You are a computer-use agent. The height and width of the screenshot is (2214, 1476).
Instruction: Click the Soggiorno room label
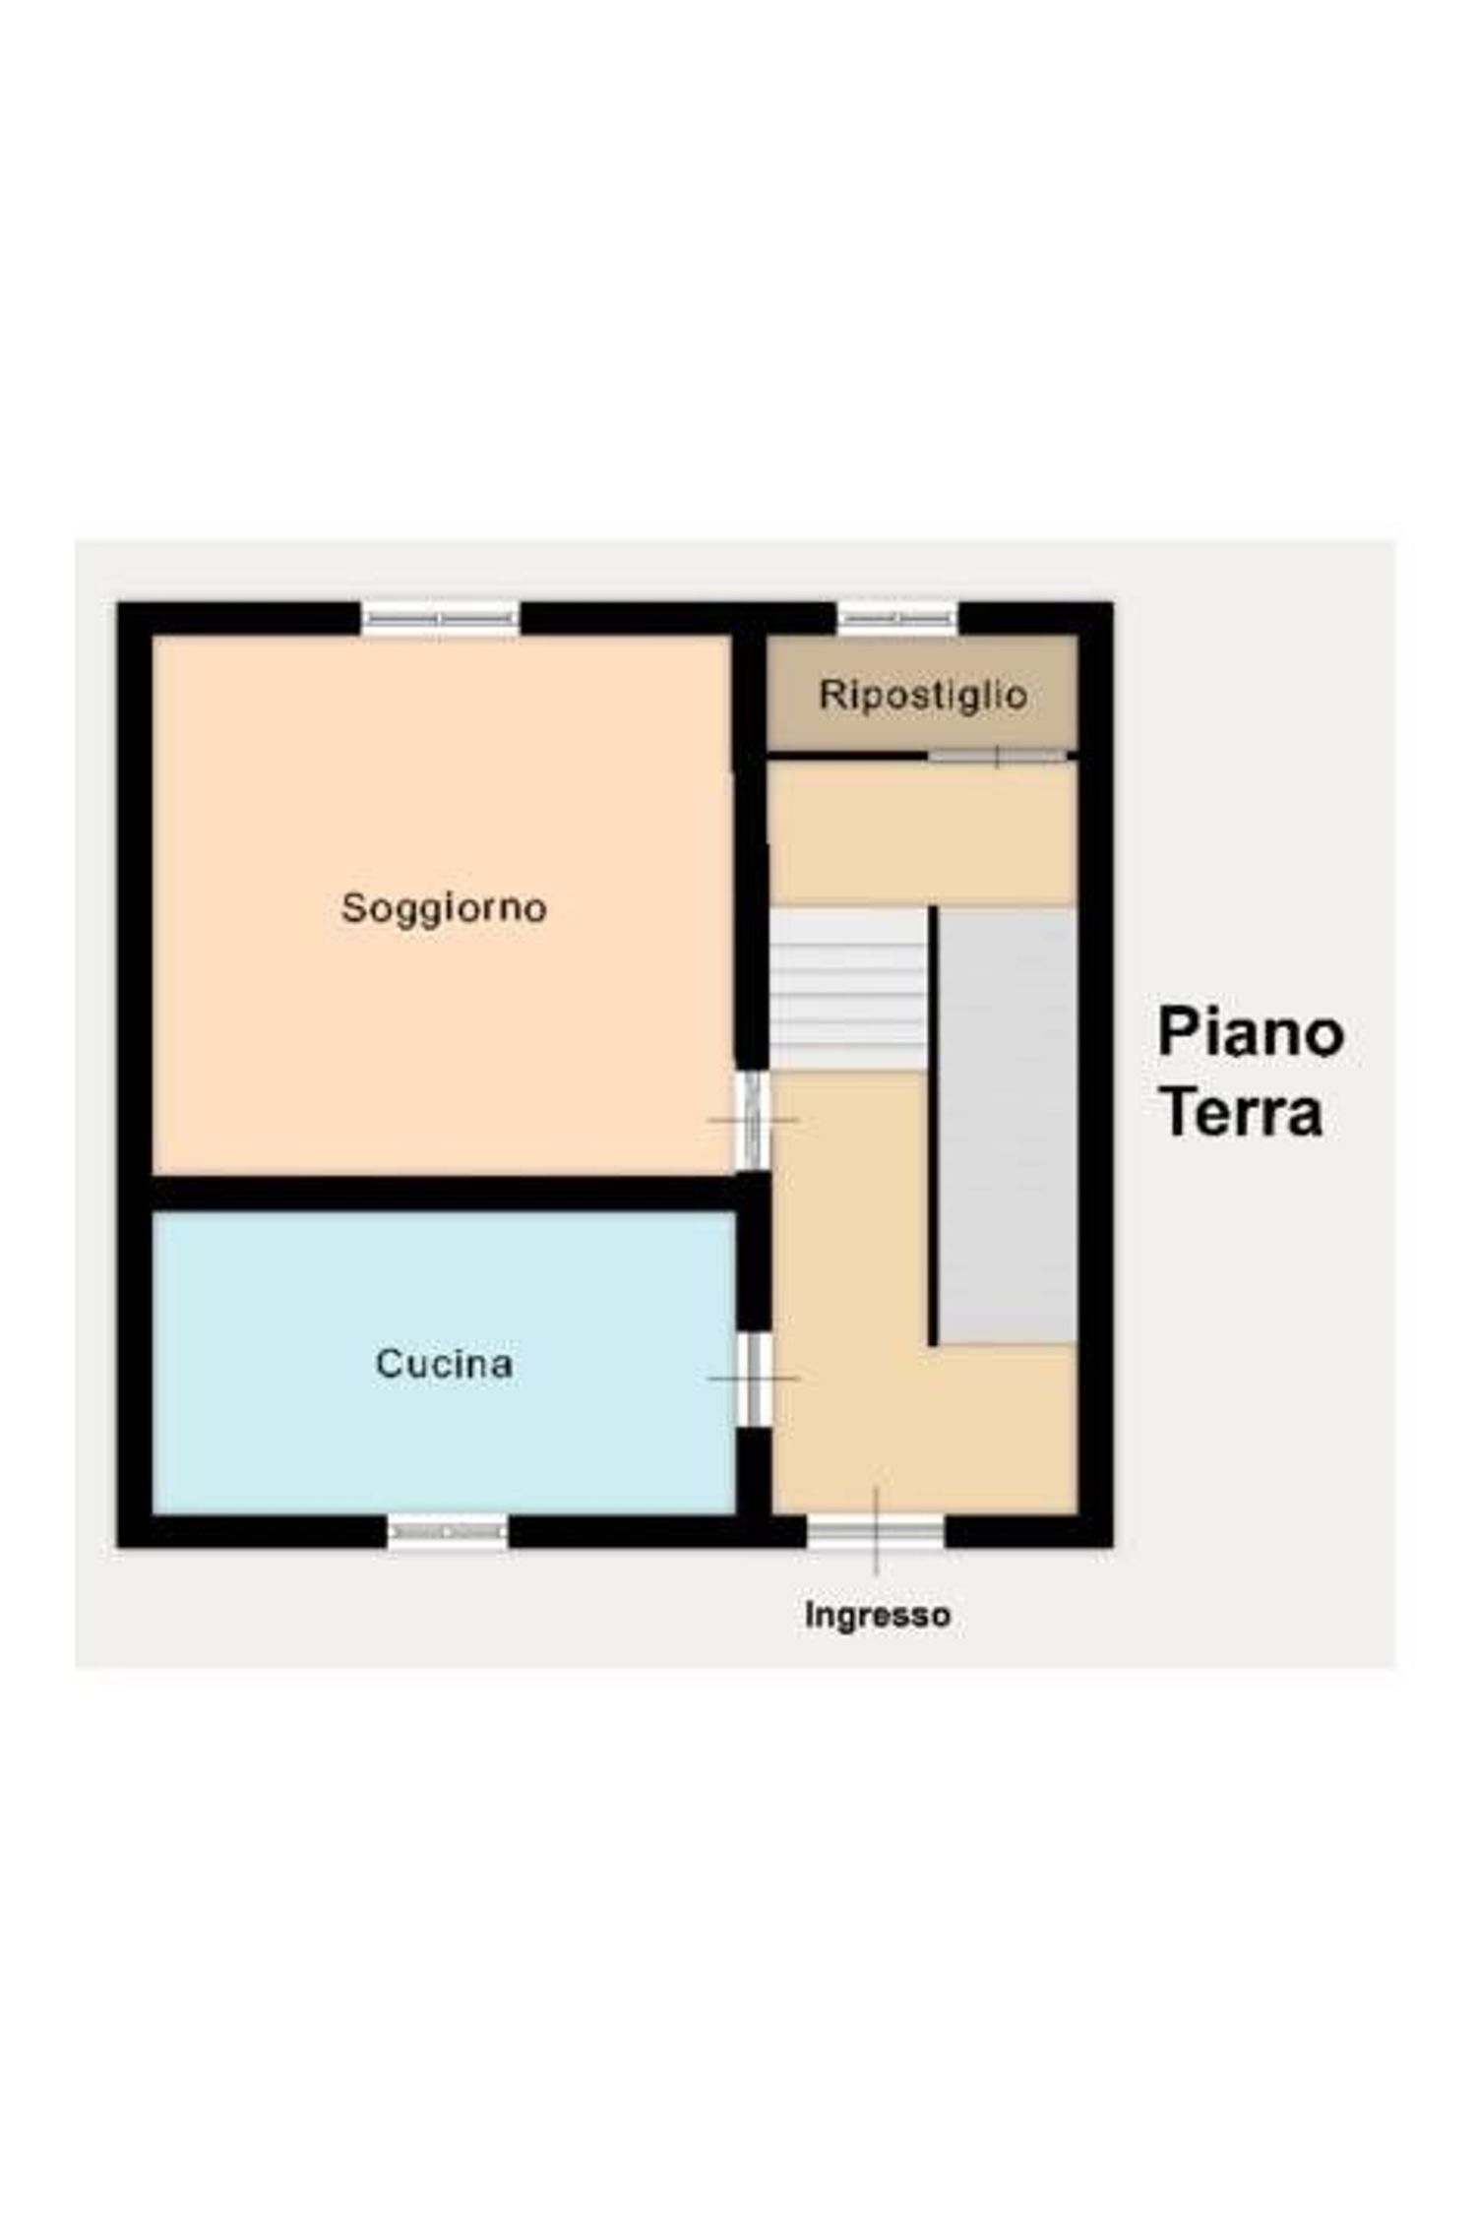(x=444, y=907)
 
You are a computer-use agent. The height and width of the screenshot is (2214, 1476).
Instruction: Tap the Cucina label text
(x=444, y=1364)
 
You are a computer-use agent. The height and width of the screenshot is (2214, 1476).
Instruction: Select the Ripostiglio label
(x=923, y=695)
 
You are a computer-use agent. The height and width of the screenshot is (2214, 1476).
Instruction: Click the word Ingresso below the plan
(x=877, y=1616)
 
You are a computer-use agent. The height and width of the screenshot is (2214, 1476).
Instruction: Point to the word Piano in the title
(x=1251, y=1033)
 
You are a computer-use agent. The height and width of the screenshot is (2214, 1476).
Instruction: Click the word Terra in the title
(x=1241, y=1113)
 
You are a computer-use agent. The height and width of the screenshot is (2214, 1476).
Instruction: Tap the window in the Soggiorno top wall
(x=440, y=619)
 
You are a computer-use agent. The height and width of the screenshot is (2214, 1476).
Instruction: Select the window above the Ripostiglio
(x=897, y=619)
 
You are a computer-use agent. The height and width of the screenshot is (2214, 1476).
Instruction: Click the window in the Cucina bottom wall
(x=448, y=1532)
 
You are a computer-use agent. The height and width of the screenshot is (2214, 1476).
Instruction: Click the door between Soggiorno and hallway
(x=753, y=1120)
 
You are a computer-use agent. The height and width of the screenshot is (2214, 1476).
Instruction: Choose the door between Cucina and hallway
(x=755, y=1379)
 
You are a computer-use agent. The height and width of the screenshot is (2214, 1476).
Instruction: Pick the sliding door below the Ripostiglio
(x=998, y=756)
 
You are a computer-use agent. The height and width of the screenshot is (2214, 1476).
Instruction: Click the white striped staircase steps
(x=847, y=988)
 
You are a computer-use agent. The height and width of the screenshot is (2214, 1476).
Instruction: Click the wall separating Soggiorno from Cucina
(x=443, y=1193)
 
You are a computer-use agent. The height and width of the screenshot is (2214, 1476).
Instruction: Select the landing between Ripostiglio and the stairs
(x=921, y=832)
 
